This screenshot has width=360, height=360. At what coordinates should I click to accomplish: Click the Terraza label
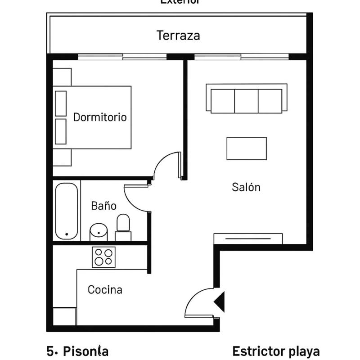[x=178, y=35]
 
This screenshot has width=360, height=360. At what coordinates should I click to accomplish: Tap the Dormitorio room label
[x=100, y=117]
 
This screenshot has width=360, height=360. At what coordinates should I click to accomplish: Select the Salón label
[x=246, y=187]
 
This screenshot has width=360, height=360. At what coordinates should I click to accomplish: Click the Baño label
[x=104, y=206]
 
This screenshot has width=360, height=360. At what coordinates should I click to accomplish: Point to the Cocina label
[x=105, y=290]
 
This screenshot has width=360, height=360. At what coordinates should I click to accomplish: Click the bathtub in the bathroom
[x=67, y=211]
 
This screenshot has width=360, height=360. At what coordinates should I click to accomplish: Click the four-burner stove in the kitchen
[x=103, y=257]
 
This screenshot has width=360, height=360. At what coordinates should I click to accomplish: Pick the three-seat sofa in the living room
[x=246, y=99]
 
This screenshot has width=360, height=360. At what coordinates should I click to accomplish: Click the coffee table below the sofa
[x=247, y=148]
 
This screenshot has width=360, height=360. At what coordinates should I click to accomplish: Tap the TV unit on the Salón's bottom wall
[x=248, y=238]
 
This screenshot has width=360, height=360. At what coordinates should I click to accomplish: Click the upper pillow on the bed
[x=61, y=103]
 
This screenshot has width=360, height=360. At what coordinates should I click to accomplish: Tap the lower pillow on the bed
[x=61, y=131]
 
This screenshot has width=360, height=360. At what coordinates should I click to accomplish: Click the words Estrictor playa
[x=276, y=351]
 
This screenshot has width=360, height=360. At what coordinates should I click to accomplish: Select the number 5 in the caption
[x=50, y=351]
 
